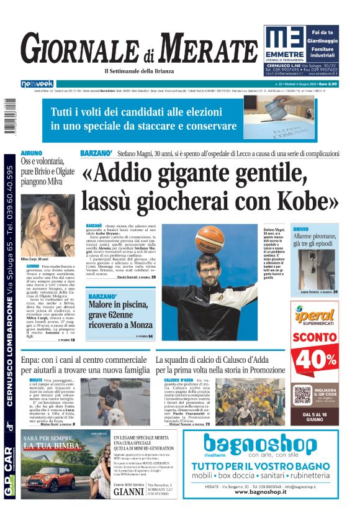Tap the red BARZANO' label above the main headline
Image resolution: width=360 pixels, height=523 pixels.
[96, 153]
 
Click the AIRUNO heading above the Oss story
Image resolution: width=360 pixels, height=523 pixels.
[32, 153]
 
